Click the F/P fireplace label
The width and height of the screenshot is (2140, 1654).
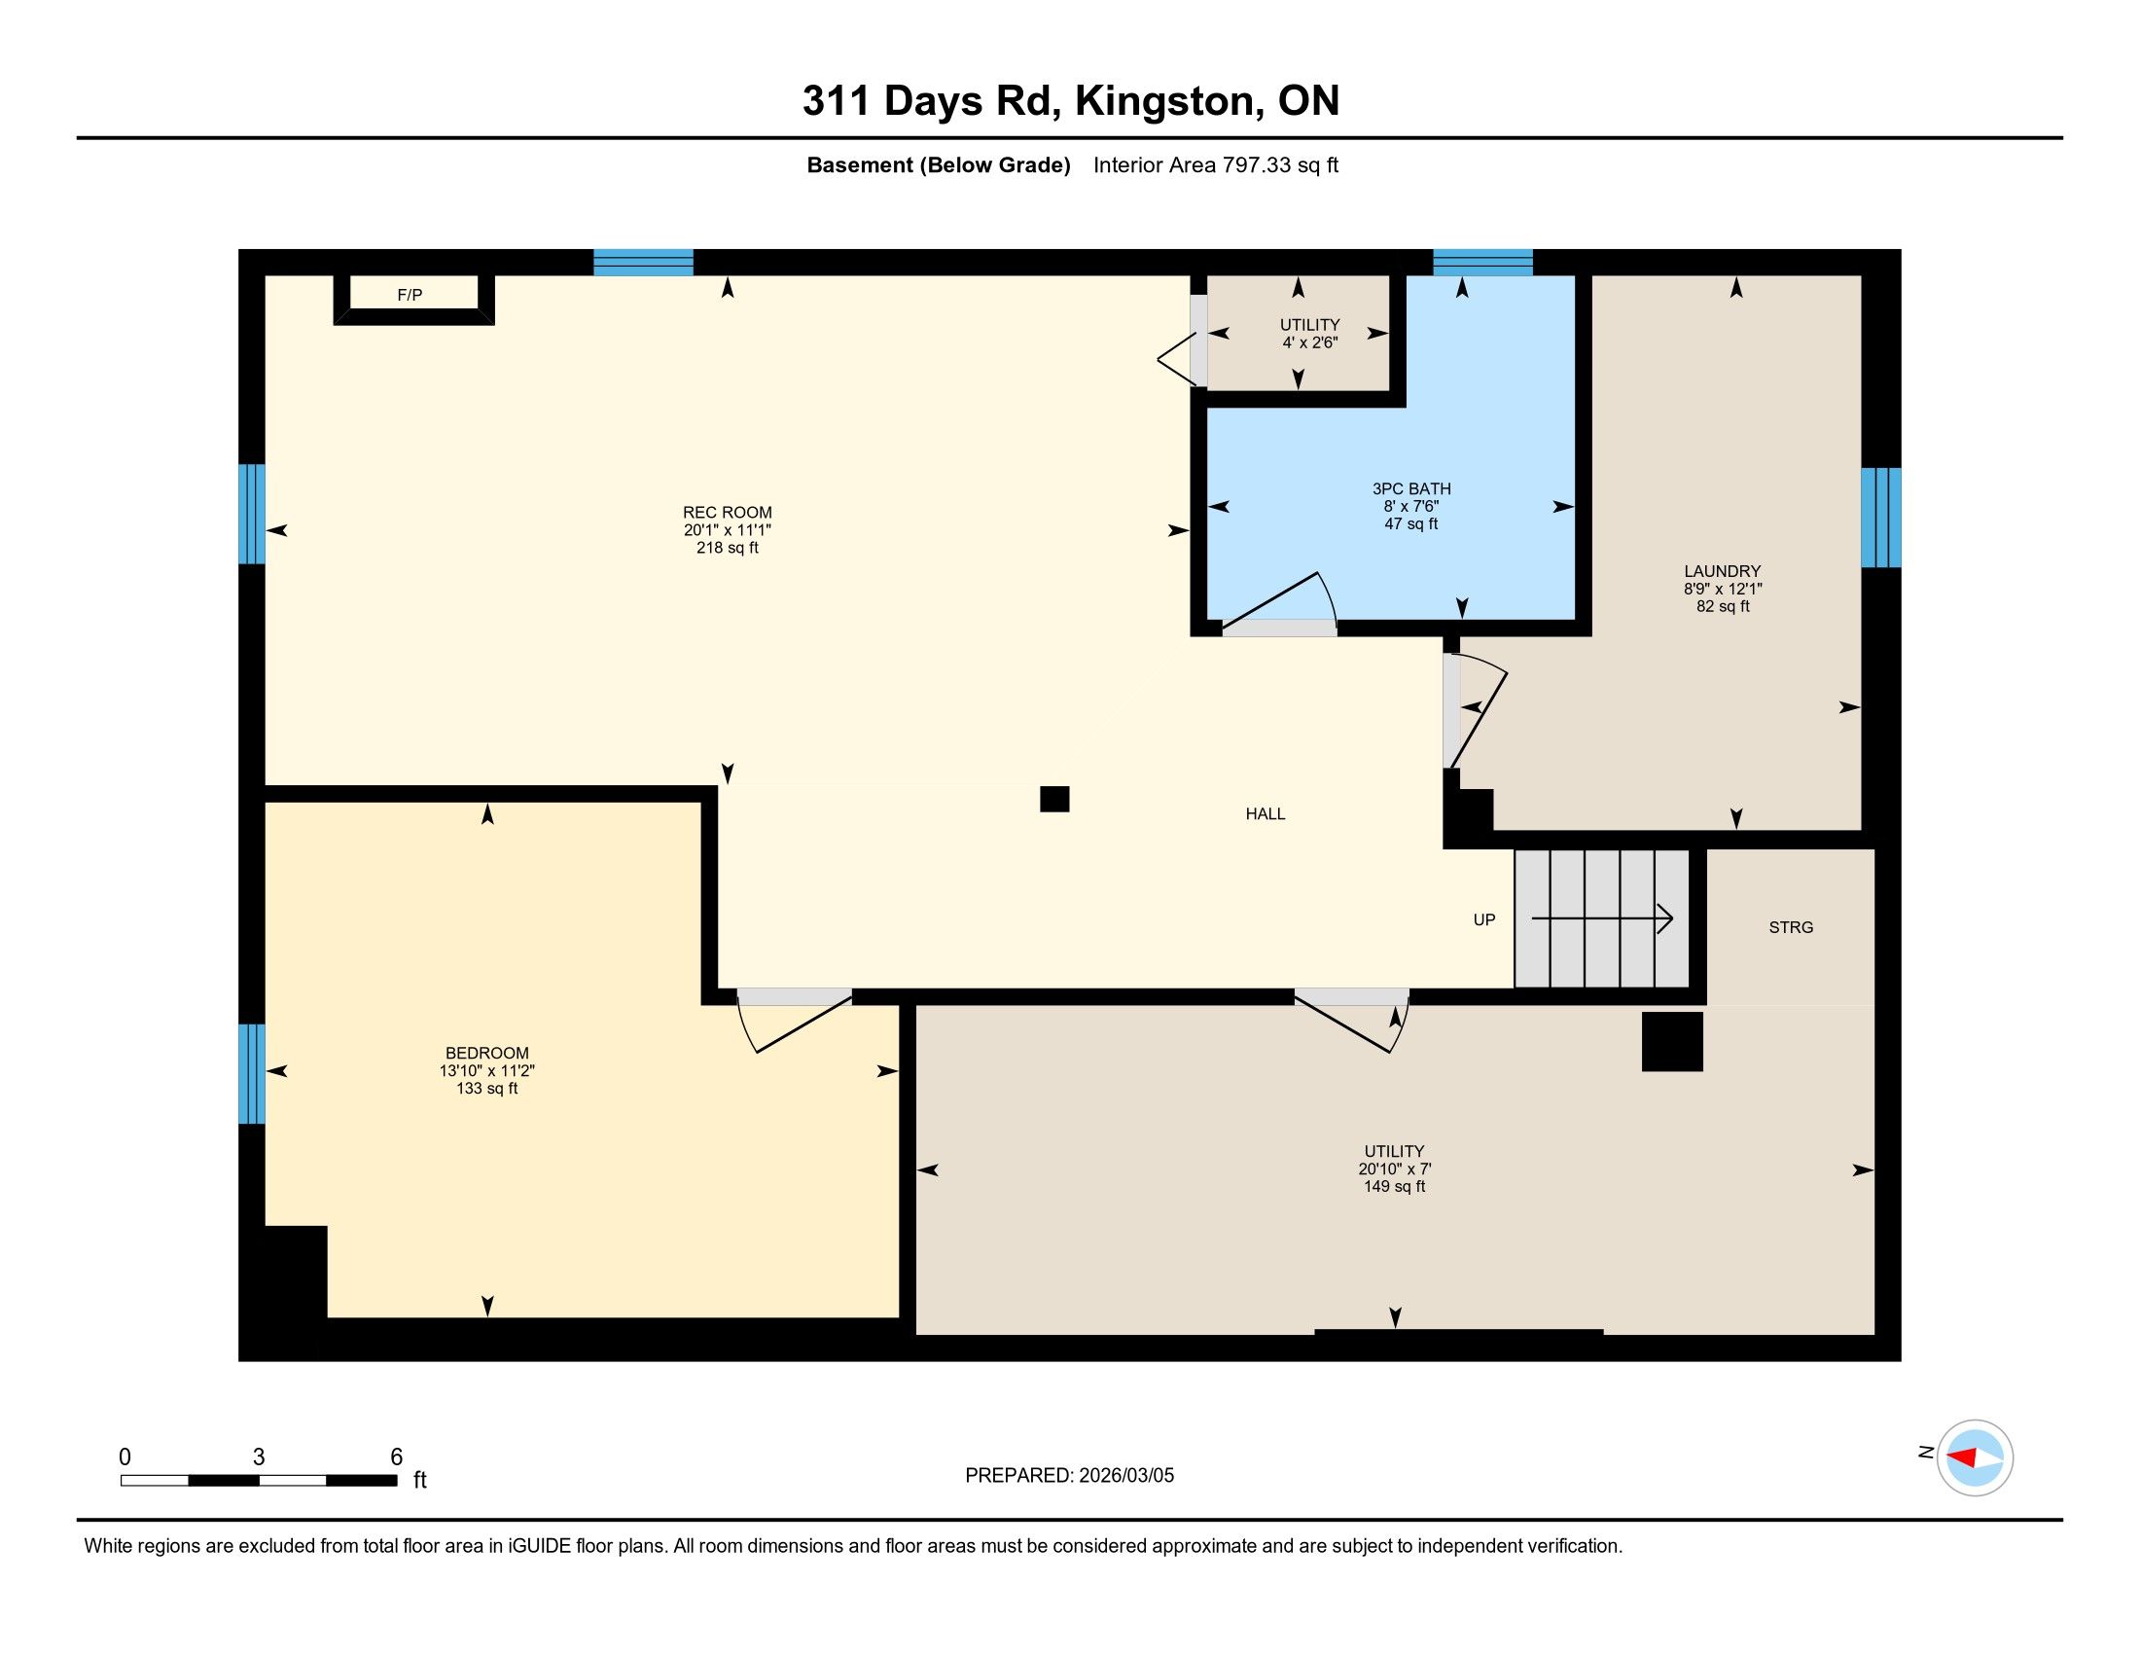tap(410, 295)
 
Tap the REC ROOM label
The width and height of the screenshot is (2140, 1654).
tap(727, 513)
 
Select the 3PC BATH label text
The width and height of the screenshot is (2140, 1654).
tap(1411, 489)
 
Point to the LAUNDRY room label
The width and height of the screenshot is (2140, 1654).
tap(1723, 571)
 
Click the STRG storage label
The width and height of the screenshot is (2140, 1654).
tap(1791, 927)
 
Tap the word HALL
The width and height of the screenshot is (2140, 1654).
tap(1265, 813)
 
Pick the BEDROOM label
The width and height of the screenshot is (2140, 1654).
tap(487, 1054)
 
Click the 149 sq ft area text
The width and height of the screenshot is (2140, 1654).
tap(1394, 1187)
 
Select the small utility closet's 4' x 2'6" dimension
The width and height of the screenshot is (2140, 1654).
tap(1310, 342)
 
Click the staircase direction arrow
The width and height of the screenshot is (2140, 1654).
tap(1602, 918)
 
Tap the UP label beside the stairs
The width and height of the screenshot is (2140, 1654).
tap(1484, 919)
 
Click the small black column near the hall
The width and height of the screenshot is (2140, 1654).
tap(1054, 800)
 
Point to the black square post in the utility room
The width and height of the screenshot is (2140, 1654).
tap(1673, 1041)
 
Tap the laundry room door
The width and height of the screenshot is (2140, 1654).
tap(1476, 710)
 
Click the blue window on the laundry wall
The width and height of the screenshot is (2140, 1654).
tap(1880, 518)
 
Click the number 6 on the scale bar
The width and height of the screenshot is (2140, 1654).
tap(397, 1456)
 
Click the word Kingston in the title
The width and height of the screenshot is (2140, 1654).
tap(1165, 101)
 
